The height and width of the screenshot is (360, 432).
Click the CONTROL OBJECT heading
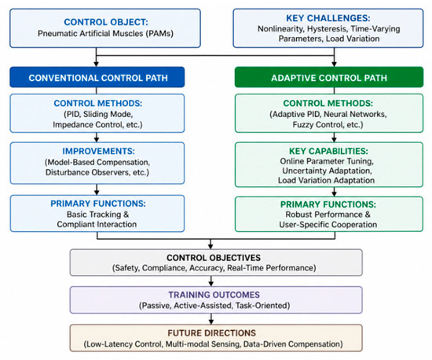tap(106, 22)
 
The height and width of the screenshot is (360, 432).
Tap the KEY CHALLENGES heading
tap(328, 18)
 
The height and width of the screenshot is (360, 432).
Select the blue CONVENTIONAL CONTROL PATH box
tap(97, 77)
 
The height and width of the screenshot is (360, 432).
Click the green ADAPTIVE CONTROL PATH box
tap(329, 77)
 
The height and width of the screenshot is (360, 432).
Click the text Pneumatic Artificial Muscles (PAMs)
tap(105, 33)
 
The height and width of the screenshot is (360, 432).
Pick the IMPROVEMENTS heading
tap(98, 151)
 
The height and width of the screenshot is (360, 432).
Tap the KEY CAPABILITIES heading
tap(328, 151)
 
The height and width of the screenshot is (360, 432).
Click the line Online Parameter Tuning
tap(327, 161)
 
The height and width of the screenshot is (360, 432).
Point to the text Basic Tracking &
tap(97, 214)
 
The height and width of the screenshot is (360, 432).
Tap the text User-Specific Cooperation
tap(328, 224)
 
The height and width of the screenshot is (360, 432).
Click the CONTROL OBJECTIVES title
tap(214, 258)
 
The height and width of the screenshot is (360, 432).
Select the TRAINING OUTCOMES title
tap(214, 295)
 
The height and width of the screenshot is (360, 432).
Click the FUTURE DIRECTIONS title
tap(211, 333)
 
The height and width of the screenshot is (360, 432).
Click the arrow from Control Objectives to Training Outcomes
tap(211, 281)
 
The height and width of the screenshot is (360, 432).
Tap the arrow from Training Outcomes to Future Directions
tap(211, 318)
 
